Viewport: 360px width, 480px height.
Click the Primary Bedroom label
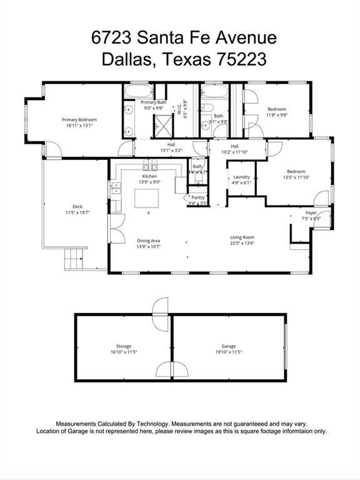click(x=78, y=119)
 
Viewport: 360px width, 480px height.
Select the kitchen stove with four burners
click(x=150, y=166)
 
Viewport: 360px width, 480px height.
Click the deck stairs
click(x=74, y=257)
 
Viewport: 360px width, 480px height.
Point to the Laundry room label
click(x=240, y=177)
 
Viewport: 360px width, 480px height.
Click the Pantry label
click(x=198, y=197)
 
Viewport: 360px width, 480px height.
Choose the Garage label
click(x=228, y=346)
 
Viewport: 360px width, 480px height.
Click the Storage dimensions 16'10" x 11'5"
click(x=124, y=352)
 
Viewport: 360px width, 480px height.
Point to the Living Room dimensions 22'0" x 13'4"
click(x=242, y=244)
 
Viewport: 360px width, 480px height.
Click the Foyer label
click(x=311, y=212)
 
